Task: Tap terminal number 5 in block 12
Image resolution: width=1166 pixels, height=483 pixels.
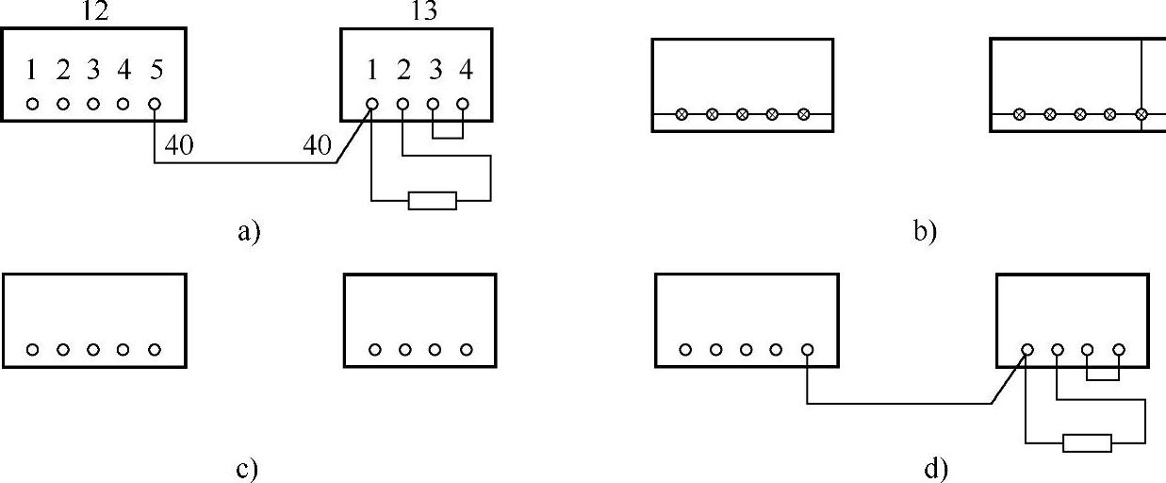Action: [x=154, y=71]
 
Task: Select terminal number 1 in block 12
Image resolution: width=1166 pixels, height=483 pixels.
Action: [x=32, y=71]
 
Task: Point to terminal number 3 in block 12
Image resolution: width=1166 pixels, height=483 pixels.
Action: [x=92, y=71]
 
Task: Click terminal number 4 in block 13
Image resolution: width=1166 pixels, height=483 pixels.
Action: [x=464, y=71]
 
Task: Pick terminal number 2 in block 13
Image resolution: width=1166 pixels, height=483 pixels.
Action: [x=403, y=71]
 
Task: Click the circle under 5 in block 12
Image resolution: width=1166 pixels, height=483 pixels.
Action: [x=155, y=104]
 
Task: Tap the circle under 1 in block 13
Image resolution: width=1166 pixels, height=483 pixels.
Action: [x=372, y=104]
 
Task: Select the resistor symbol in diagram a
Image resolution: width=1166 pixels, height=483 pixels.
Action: [x=432, y=200]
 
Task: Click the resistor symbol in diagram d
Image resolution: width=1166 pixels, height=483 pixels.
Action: [x=1087, y=442]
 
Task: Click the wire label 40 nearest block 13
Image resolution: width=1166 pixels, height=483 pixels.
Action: [x=317, y=145]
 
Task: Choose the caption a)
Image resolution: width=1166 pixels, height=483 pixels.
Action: [x=247, y=231]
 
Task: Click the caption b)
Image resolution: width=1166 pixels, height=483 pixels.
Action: [x=925, y=231]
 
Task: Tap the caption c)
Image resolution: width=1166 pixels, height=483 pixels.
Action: [x=247, y=469]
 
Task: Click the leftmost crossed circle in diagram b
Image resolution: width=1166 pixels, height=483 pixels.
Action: [x=682, y=114]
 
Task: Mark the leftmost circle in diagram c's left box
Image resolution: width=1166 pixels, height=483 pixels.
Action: [x=33, y=350]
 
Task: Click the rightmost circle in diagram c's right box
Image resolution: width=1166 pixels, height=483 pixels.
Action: [x=466, y=350]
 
